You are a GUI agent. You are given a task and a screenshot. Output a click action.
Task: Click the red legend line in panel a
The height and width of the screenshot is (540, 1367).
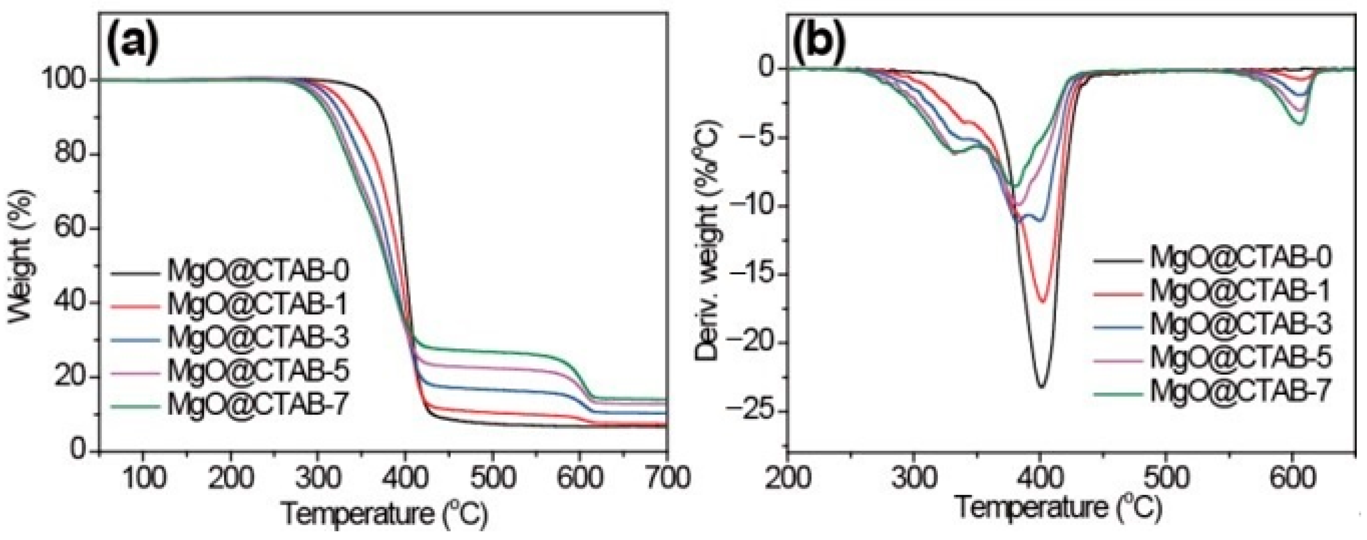point(136,306)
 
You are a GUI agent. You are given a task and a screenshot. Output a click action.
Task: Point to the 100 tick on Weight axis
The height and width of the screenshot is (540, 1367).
point(74,80)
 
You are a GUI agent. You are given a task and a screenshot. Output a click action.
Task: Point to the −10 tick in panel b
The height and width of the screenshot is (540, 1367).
point(754,206)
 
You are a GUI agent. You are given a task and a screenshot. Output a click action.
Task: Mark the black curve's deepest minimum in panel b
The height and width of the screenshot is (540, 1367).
point(1041,387)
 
